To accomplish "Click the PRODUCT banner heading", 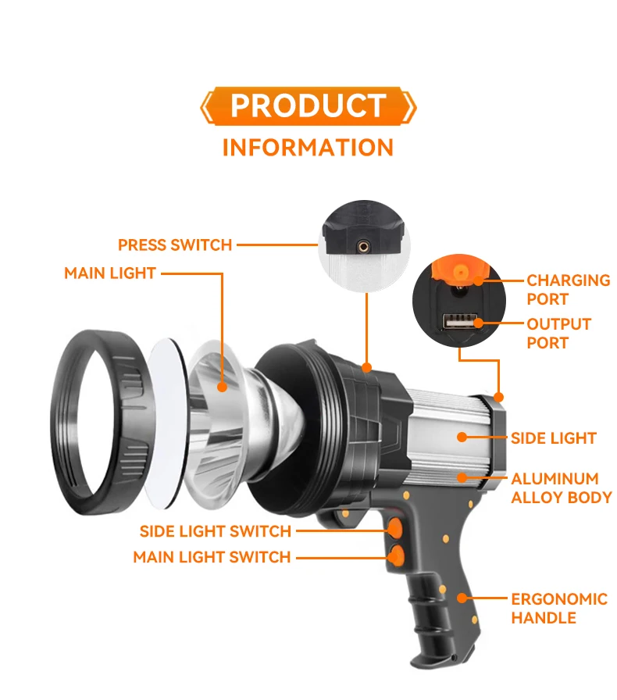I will tap(308, 106).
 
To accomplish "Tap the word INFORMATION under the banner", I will tap(308, 147).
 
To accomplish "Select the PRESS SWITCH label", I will tap(175, 245).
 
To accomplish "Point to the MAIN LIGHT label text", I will tap(110, 273).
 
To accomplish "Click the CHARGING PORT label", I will tap(568, 289).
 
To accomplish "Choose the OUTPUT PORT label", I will tap(558, 333).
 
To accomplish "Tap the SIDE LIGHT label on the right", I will tap(553, 438).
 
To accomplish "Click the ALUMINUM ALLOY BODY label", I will tap(561, 487).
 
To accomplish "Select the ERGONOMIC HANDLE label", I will tap(558, 609).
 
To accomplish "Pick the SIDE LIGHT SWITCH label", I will tap(216, 531).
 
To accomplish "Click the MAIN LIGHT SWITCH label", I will tap(212, 557).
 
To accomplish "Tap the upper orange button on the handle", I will tap(396, 527).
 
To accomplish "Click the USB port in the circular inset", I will tap(458, 323).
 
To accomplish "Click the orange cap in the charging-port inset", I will tap(461, 269).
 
